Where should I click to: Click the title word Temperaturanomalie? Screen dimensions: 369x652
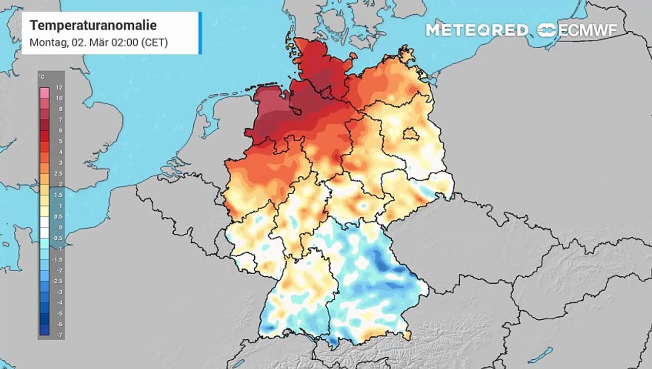(x=93, y=26)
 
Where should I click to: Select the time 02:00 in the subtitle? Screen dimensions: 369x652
(x=121, y=43)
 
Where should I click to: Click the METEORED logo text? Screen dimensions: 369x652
(x=477, y=30)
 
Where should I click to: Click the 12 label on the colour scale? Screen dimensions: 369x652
(x=59, y=88)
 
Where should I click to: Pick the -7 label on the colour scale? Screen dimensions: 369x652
(x=59, y=335)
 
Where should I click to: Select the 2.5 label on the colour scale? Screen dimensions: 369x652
(x=59, y=174)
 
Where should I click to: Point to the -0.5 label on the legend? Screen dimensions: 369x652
(x=59, y=238)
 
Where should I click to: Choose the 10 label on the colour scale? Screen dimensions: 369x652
(x=59, y=98)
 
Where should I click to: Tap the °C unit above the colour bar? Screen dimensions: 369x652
(x=43, y=77)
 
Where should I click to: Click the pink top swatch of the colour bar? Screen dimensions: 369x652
(x=45, y=92)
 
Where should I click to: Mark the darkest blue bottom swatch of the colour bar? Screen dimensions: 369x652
(x=45, y=331)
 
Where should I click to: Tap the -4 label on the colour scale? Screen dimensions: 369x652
(x=59, y=302)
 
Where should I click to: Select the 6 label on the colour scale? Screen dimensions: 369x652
(x=59, y=131)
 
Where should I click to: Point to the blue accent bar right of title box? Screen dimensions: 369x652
(x=200, y=33)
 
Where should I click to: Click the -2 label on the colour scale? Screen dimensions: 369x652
(x=59, y=270)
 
